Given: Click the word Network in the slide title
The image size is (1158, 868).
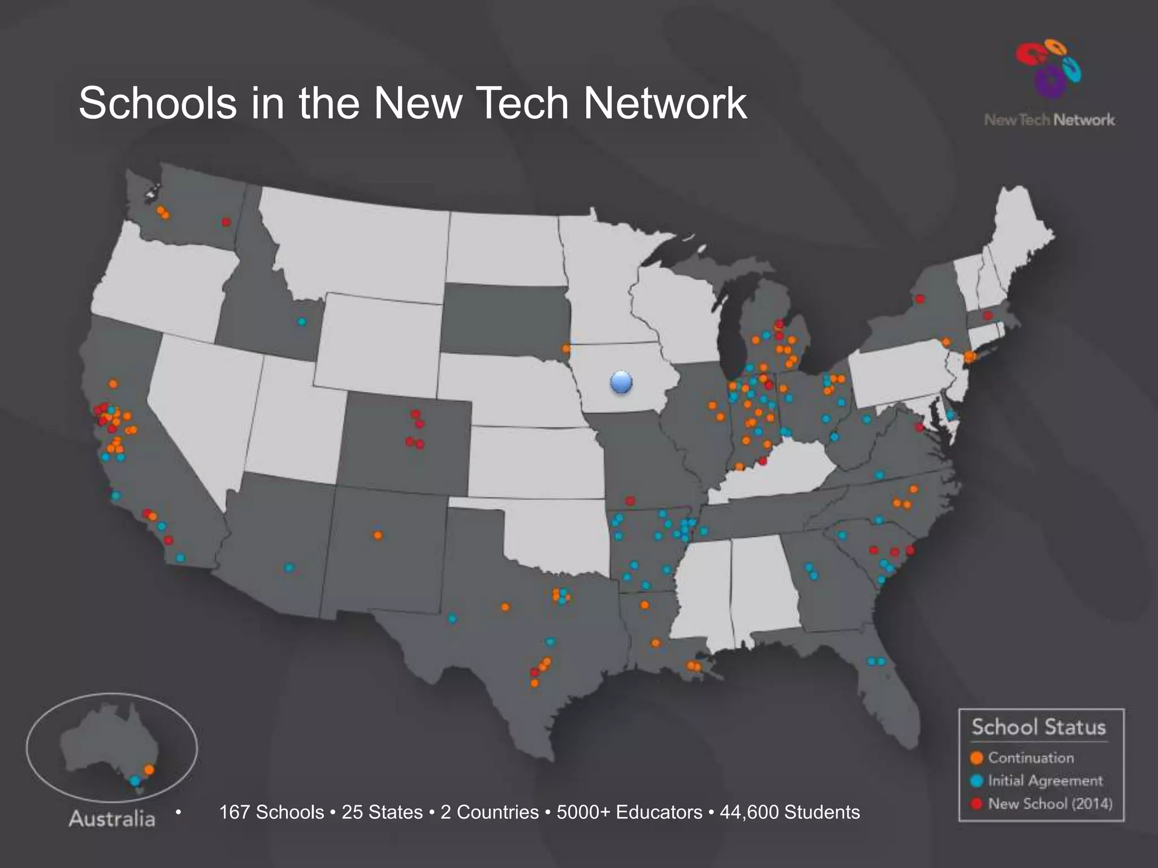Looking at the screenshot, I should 665,103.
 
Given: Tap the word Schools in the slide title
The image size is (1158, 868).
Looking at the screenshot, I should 158,103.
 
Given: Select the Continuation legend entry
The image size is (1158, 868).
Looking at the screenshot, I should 1030,758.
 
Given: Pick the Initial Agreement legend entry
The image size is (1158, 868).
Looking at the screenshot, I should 1045,780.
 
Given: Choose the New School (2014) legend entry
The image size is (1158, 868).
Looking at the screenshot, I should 1049,804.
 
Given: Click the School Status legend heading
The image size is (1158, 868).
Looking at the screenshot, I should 1039,727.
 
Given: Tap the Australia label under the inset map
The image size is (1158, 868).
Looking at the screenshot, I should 112,819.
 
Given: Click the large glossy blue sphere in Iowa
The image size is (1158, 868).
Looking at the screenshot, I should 621,383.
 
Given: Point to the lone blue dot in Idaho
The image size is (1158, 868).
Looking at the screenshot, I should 302,322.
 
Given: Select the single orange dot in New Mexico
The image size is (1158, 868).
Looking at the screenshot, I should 378,535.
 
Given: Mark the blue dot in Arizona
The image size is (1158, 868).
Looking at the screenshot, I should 289,567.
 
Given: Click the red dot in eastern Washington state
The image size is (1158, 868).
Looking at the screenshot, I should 226,222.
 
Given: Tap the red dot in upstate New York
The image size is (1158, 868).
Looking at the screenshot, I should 920,298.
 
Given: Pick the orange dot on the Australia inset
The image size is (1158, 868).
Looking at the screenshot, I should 149,770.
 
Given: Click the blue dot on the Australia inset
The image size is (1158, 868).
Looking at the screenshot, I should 135,780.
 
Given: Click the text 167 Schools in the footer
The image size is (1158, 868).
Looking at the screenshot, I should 271,813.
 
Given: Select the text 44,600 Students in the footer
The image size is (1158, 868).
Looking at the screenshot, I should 789,813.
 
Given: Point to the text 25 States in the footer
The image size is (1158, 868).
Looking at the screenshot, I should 382,813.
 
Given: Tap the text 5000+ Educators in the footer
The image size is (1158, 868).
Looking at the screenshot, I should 629,813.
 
